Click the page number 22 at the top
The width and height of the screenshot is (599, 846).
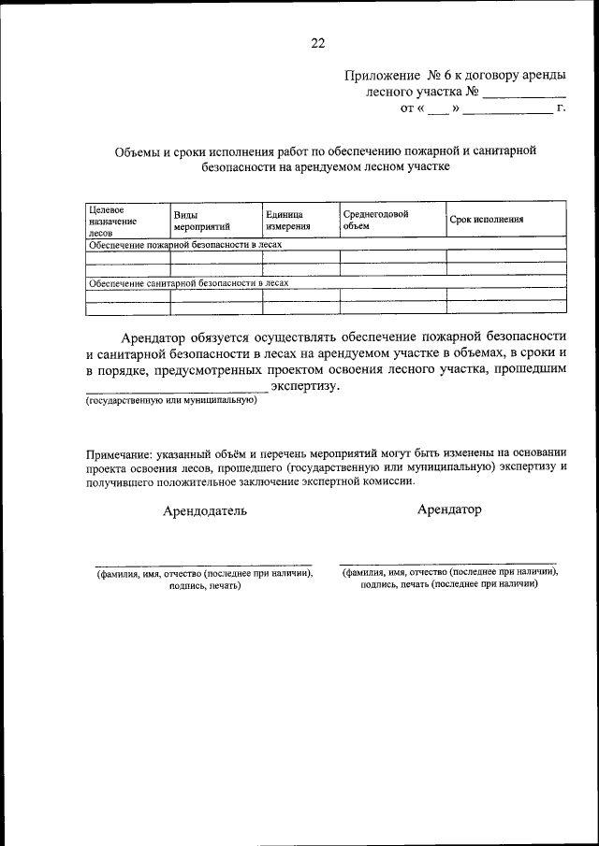tap(317, 42)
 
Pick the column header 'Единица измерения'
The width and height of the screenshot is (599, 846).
tap(288, 221)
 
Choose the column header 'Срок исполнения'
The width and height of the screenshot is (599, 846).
tap(486, 221)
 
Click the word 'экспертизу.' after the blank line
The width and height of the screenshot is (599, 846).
tap(306, 386)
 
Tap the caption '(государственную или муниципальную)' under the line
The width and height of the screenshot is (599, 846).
tap(171, 401)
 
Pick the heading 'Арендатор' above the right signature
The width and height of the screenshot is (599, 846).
tap(449, 510)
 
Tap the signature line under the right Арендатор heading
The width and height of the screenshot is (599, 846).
tap(448, 564)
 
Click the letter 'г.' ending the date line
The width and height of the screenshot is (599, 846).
tap(561, 109)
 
